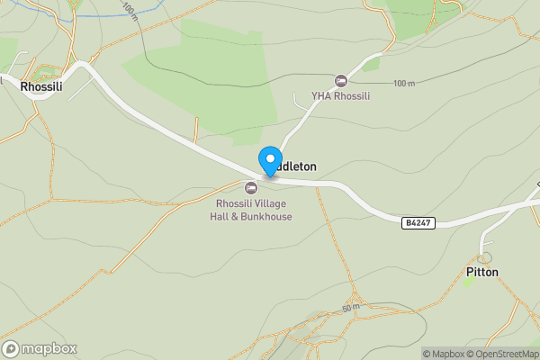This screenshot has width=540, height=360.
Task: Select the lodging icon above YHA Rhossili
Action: [x=340, y=81]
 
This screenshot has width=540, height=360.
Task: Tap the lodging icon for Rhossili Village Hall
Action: [x=251, y=187]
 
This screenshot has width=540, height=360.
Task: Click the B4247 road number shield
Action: [x=418, y=221]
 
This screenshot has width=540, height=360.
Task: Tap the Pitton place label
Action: [x=482, y=272]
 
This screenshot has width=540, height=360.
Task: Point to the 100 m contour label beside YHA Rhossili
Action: [x=404, y=84]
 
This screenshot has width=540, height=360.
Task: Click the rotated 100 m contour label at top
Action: [x=129, y=12]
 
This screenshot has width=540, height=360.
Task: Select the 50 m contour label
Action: [x=351, y=307]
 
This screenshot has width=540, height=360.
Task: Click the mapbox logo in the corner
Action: [x=40, y=349]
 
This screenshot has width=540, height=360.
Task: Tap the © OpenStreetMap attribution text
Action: [x=504, y=354]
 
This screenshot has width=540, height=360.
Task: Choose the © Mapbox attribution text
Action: [x=445, y=354]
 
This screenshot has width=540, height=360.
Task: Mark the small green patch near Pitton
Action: [x=468, y=281]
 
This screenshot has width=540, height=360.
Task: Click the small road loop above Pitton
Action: [x=485, y=257]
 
